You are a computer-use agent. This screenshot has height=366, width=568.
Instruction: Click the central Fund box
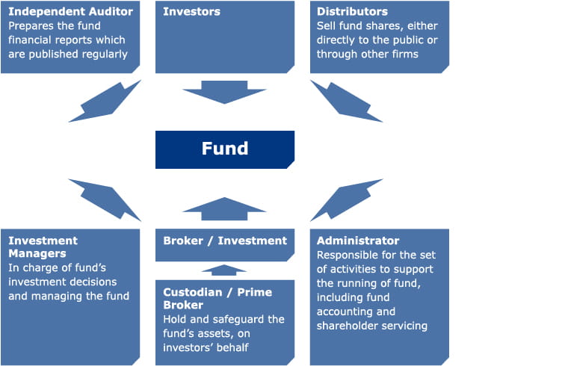coord(224,149)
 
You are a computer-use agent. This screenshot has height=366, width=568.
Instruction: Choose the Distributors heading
coord(352,12)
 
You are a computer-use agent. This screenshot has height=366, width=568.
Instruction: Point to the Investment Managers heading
coord(43,247)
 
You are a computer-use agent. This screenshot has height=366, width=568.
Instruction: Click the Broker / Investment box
coord(225,241)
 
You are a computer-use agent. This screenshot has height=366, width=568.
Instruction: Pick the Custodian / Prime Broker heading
coord(217,298)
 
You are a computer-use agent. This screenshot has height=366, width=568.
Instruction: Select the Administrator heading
coord(358,241)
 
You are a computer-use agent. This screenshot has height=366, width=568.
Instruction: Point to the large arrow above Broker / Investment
coord(224,209)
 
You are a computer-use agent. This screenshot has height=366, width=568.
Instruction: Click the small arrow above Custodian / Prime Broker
coord(224,270)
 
